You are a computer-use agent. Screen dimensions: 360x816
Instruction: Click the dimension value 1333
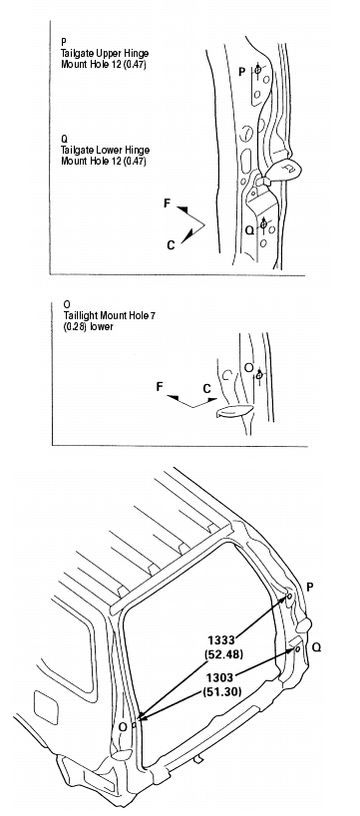click(x=222, y=639)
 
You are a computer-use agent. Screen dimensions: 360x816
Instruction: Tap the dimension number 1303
click(x=220, y=677)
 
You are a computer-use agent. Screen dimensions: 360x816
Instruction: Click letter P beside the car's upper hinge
click(x=310, y=587)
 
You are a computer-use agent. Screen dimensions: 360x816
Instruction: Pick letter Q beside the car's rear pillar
click(x=317, y=646)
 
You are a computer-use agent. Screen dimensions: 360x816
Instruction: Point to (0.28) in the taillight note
click(x=75, y=327)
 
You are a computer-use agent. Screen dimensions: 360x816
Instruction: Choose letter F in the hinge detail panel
click(x=167, y=203)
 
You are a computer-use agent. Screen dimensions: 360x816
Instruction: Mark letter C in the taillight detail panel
click(x=207, y=389)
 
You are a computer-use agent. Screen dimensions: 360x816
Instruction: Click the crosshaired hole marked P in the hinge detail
click(x=257, y=69)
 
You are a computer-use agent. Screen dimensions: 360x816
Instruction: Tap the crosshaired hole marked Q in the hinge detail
click(x=263, y=224)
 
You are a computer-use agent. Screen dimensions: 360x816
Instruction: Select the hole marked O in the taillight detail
click(x=258, y=374)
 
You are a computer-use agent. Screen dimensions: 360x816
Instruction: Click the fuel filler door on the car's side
click(x=46, y=707)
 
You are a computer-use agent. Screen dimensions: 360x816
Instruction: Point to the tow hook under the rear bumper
click(x=198, y=760)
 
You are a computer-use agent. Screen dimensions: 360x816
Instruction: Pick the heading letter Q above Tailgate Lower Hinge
click(x=64, y=140)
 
